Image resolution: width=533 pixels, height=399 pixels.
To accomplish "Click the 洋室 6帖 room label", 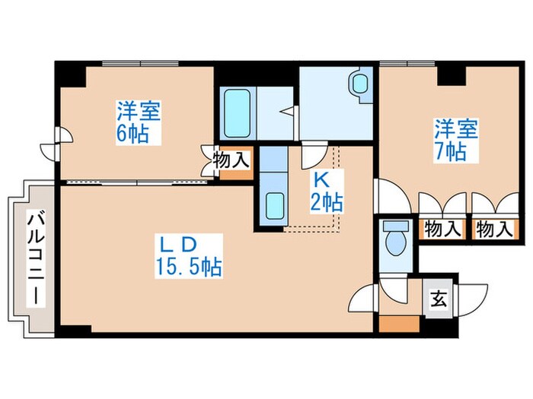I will tap(138, 124).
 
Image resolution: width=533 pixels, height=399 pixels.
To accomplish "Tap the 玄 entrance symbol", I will tap(439, 298).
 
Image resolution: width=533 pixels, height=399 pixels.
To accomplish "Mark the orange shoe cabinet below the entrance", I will tap(399, 322).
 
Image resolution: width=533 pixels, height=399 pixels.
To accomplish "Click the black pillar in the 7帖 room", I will tap(452, 74).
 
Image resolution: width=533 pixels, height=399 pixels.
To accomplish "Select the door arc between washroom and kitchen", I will tap(313, 157).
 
